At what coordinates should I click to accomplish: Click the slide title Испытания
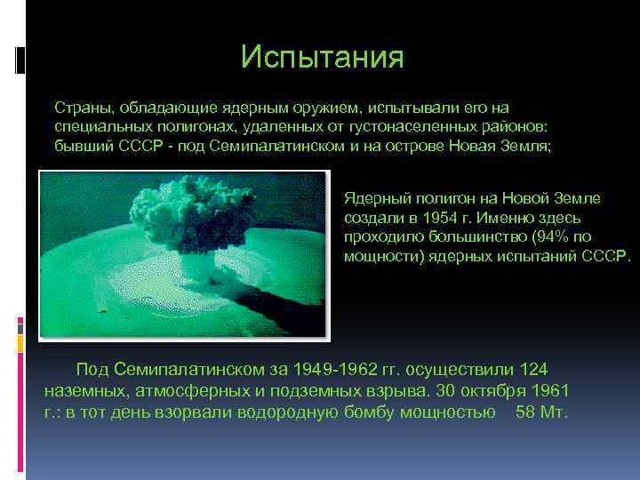tap(322, 58)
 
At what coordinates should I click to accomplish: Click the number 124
tap(534, 369)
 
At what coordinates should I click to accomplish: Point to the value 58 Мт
tap(540, 412)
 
